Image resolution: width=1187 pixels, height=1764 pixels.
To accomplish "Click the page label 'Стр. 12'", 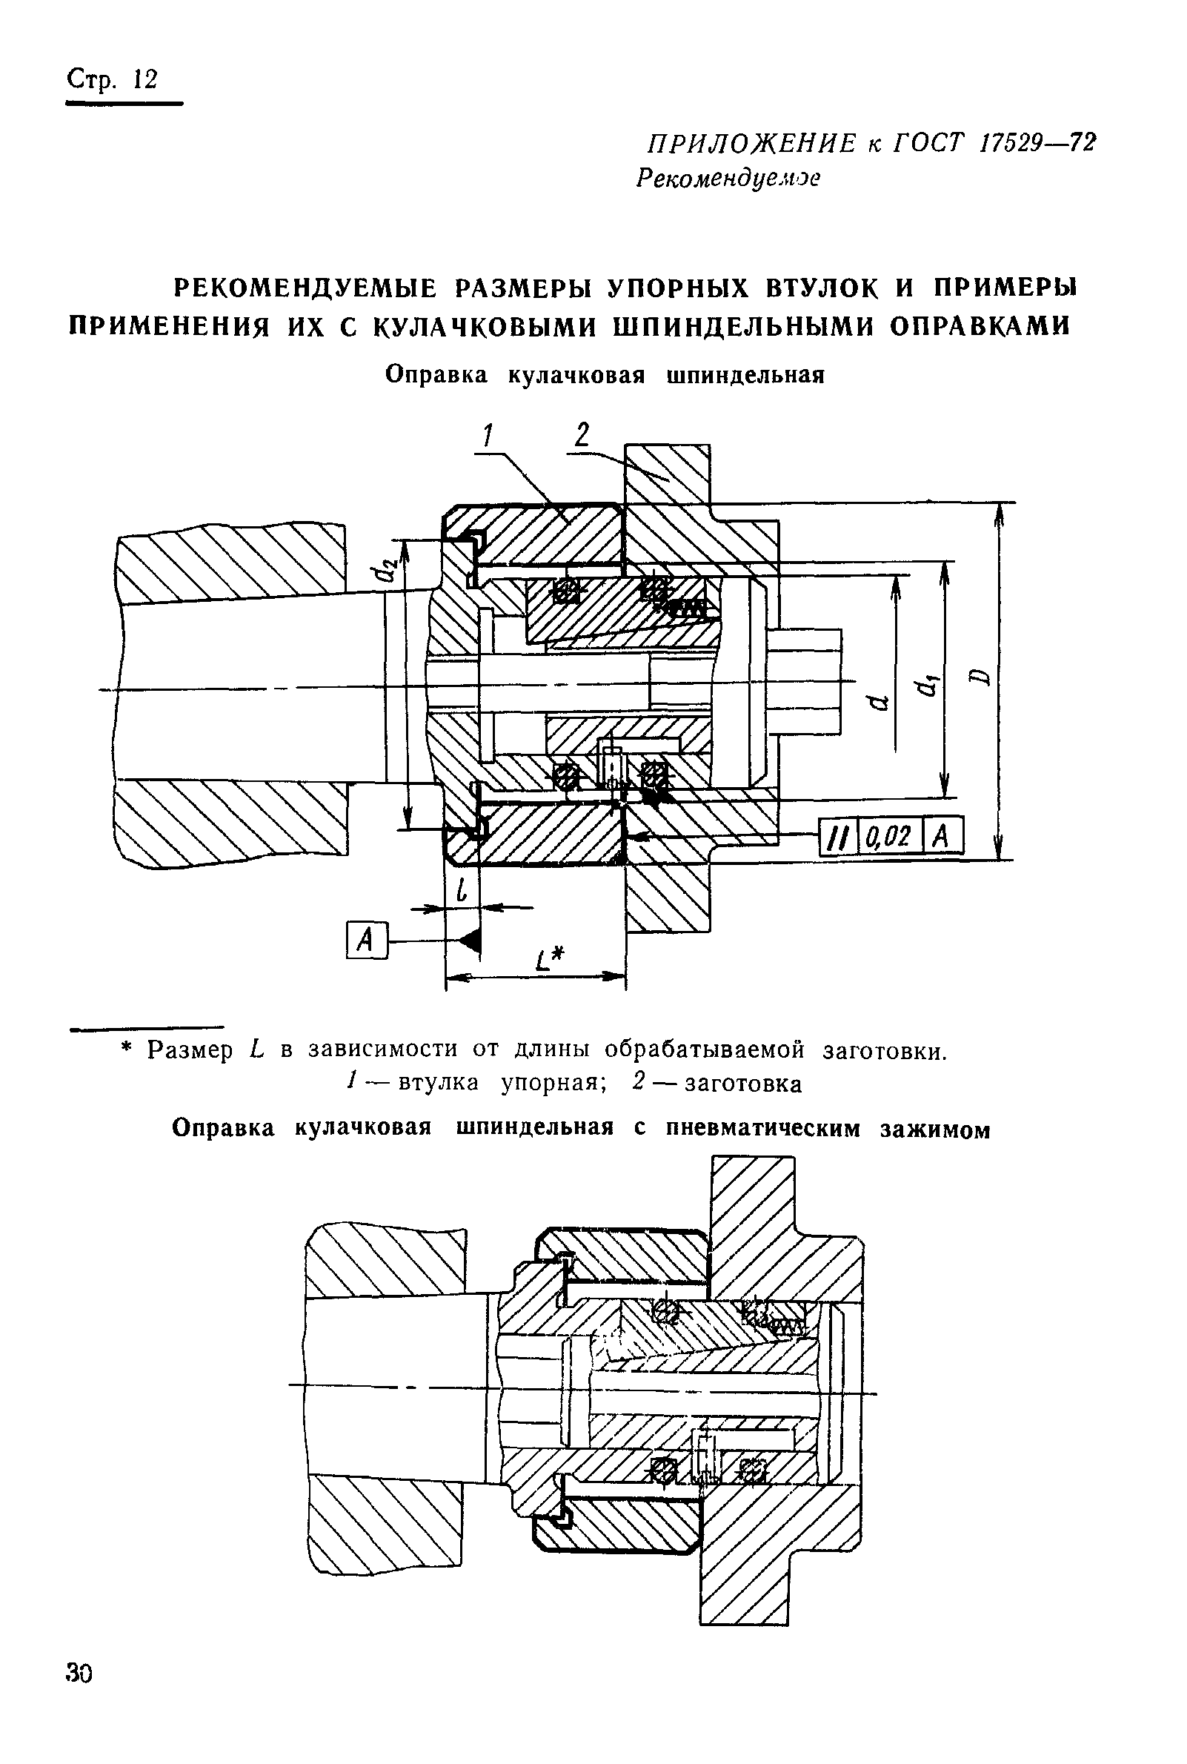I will click(112, 79).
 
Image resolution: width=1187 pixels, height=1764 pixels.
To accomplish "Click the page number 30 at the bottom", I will click(79, 1672).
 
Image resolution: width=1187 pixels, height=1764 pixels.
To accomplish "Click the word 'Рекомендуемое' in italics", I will click(728, 178).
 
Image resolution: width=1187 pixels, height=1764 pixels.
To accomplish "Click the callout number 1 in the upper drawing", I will click(488, 436).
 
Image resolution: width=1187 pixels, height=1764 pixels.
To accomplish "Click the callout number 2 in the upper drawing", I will click(582, 434).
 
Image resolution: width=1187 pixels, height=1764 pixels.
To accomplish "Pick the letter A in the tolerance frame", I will click(941, 836).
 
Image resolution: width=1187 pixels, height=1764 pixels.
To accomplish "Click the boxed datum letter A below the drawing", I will click(365, 941).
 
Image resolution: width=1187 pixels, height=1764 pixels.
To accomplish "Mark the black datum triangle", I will click(470, 941).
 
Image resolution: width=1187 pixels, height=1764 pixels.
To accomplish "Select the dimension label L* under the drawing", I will click(550, 961).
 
